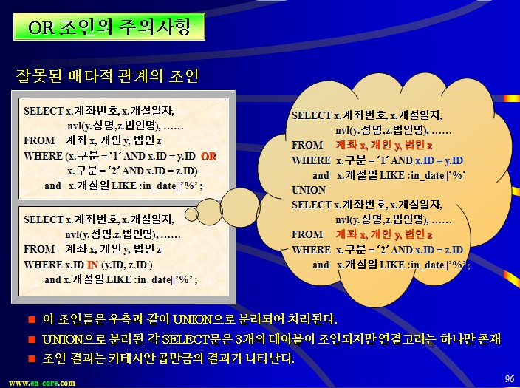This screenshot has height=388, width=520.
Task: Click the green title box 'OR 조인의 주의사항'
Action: point(109,27)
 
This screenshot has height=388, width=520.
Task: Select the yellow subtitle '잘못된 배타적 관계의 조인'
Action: point(107,76)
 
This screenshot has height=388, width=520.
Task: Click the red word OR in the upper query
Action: point(208,157)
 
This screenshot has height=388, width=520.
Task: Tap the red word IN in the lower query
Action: point(92,265)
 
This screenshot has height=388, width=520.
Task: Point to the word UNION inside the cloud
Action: point(309,190)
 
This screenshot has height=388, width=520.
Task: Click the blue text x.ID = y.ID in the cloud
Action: point(439,160)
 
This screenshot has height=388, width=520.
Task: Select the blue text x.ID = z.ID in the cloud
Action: point(439,250)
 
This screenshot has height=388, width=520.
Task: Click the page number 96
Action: point(510,378)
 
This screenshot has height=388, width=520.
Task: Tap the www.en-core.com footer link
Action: point(42,383)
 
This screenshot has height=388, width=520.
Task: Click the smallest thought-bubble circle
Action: point(191,214)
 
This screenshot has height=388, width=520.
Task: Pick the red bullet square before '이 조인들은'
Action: point(32,319)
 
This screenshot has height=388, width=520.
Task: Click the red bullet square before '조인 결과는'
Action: point(32,358)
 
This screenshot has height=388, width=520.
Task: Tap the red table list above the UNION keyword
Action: point(384,145)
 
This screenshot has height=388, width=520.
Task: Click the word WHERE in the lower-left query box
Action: point(43,265)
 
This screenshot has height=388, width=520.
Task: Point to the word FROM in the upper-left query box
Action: point(39,140)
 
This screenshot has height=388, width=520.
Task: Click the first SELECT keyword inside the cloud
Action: point(312,115)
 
